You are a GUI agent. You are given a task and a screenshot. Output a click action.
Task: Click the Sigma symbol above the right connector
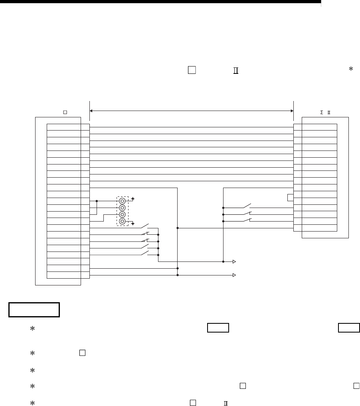pyautogui.click(x=322, y=113)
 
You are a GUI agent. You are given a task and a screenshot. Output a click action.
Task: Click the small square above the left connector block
pyautogui.click(x=63, y=113)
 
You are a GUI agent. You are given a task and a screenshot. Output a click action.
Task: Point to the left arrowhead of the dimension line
pyautogui.click(x=91, y=110)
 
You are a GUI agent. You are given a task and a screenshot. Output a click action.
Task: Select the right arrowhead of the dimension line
pyautogui.click(x=291, y=110)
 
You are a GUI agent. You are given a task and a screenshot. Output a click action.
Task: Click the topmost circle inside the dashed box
pyautogui.click(x=123, y=201)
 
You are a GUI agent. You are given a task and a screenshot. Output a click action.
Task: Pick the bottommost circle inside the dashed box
pyautogui.click(x=123, y=222)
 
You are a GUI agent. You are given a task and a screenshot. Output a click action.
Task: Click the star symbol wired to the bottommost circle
pyautogui.click(x=133, y=224)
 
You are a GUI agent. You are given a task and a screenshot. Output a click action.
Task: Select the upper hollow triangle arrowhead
pyautogui.click(x=235, y=262)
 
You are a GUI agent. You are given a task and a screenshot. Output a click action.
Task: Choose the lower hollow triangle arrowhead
pyautogui.click(x=235, y=275)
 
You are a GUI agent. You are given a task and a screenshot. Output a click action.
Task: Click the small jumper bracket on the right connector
pyautogui.click(x=290, y=198)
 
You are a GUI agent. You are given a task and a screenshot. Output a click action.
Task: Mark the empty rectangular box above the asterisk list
pyautogui.click(x=34, y=309)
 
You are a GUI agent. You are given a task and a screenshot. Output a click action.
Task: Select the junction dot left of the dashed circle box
pyautogui.click(x=97, y=201)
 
